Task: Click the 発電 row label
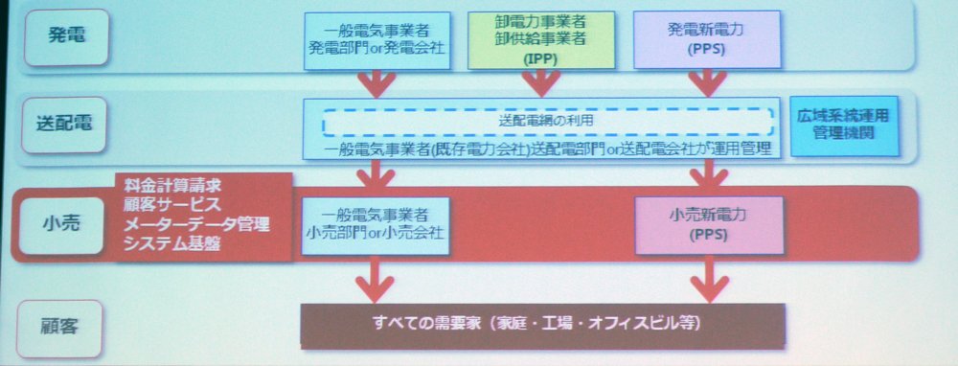click(67, 36)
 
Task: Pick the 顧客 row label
click(59, 328)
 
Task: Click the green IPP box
click(541, 39)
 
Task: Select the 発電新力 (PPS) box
click(707, 39)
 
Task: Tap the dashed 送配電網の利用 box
click(549, 122)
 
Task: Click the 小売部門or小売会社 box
click(376, 225)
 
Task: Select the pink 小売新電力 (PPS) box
click(709, 225)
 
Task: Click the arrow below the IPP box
click(540, 83)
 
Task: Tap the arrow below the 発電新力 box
click(707, 83)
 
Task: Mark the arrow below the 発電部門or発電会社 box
click(376, 83)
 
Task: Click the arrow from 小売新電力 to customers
click(709, 279)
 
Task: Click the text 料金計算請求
click(172, 185)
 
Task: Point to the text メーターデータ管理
click(196, 224)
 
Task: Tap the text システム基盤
click(171, 244)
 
